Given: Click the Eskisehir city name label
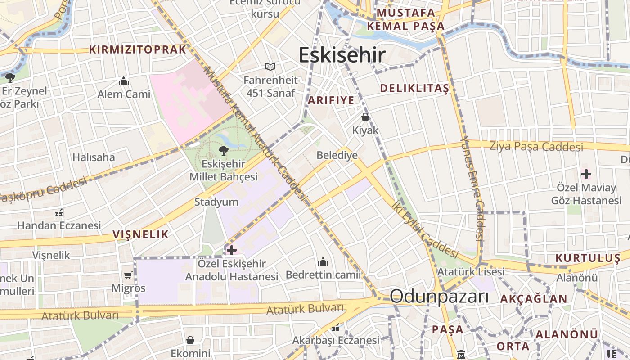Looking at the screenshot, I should pyautogui.click(x=342, y=55).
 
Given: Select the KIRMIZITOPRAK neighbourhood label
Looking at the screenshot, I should pyautogui.click(x=138, y=49).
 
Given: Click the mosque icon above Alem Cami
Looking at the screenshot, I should pyautogui.click(x=123, y=81).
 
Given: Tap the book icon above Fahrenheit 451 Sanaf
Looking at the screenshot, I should pyautogui.click(x=270, y=67).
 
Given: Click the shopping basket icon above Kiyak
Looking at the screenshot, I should pyautogui.click(x=365, y=117).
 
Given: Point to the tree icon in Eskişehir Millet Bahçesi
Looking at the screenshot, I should pyautogui.click(x=223, y=150).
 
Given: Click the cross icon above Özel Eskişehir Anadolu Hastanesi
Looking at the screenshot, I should pyautogui.click(x=232, y=250).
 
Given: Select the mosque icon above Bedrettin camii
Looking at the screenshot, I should pyautogui.click(x=323, y=261).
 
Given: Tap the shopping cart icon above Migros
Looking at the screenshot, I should pyautogui.click(x=128, y=274).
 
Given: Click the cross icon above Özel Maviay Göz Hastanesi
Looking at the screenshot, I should pyautogui.click(x=586, y=174).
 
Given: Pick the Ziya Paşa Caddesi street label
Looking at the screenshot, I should pyautogui.click(x=536, y=146).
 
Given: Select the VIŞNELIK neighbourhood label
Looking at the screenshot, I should pyautogui.click(x=140, y=234).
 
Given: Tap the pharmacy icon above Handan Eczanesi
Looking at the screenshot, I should pyautogui.click(x=58, y=212).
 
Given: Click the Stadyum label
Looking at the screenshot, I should pyautogui.click(x=216, y=202).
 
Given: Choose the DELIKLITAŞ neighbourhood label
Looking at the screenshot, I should pyautogui.click(x=414, y=88).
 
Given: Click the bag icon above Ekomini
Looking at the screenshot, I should pyautogui.click(x=190, y=340).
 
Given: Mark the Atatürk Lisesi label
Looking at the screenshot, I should pyautogui.click(x=471, y=272).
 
